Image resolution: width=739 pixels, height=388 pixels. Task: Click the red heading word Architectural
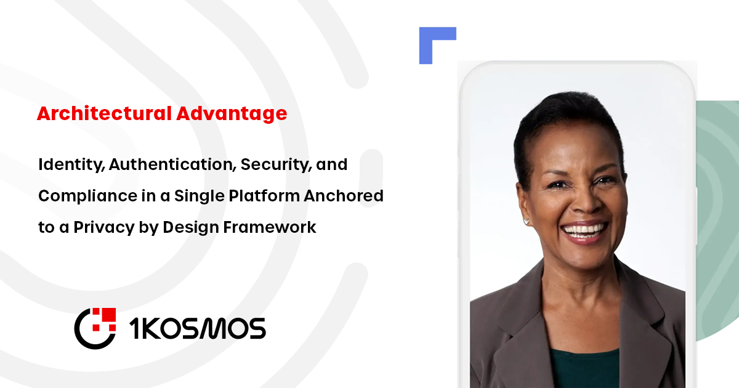(x=103, y=114)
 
